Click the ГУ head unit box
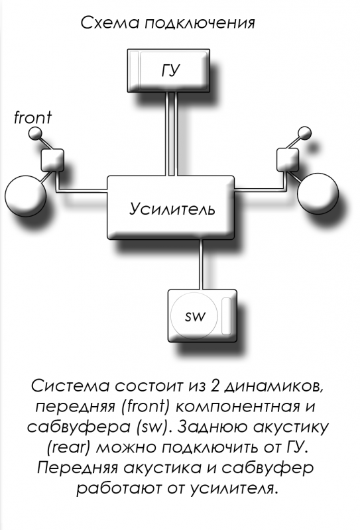click(168, 70)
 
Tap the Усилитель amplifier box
click(170, 207)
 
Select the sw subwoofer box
click(202, 315)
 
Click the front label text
click(33, 118)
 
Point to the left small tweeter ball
click(34, 134)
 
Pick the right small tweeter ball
click(304, 133)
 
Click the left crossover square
click(52, 160)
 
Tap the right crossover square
click(288, 160)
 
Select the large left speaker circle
click(25, 196)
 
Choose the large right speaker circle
click(318, 193)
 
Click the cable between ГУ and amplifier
click(171, 134)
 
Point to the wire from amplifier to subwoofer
click(202, 264)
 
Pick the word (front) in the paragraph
click(145, 407)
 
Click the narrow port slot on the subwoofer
click(226, 317)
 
